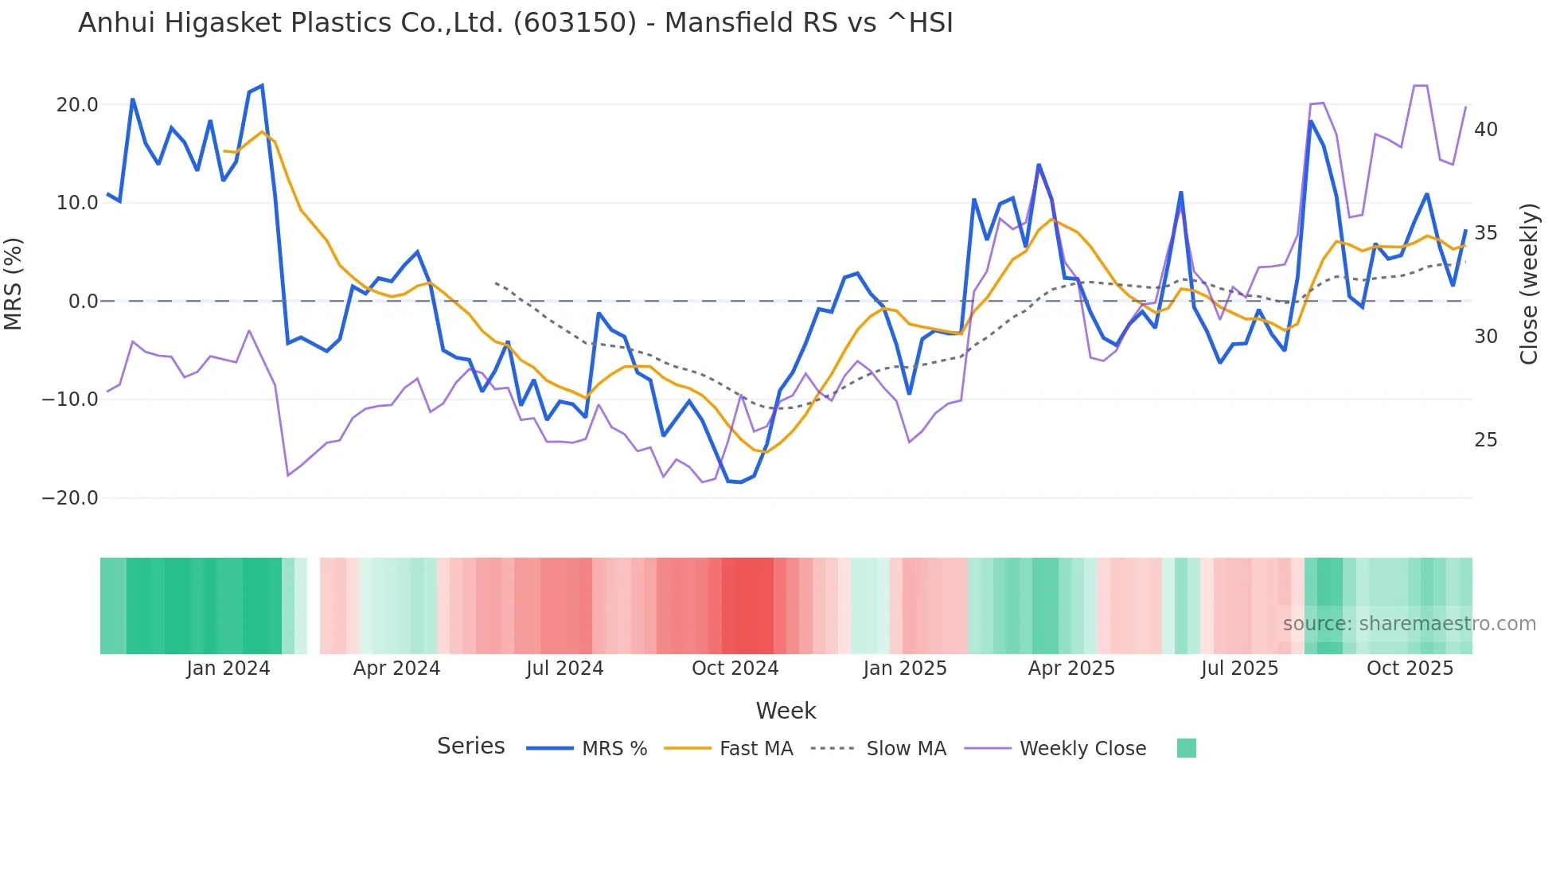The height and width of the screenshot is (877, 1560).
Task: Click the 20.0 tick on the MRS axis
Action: coord(77,105)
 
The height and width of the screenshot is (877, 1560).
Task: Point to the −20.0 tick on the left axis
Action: coord(70,498)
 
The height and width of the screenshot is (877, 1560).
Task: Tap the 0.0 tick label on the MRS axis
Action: coord(83,302)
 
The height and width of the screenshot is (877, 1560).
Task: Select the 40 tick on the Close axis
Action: coord(1485,130)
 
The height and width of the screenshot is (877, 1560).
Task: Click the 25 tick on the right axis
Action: coord(1485,440)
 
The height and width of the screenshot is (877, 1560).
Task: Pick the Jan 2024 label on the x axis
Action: coord(228,668)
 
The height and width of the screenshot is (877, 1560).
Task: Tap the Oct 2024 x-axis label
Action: coord(735,668)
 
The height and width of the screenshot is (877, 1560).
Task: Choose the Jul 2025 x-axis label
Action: coord(1239,668)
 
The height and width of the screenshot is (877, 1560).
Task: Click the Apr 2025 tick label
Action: coord(1071,668)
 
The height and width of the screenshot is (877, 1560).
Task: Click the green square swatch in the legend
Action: coord(1186,748)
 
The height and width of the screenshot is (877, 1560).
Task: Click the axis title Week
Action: coord(786,711)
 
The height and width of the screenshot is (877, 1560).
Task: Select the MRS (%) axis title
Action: coord(14,283)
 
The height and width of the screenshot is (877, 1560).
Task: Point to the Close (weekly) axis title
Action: coord(1529,284)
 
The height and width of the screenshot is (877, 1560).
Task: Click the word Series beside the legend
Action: coord(470,746)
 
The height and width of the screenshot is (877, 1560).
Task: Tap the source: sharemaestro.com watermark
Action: coord(1409,624)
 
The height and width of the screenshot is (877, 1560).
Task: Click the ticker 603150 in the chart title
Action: coord(575,23)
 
